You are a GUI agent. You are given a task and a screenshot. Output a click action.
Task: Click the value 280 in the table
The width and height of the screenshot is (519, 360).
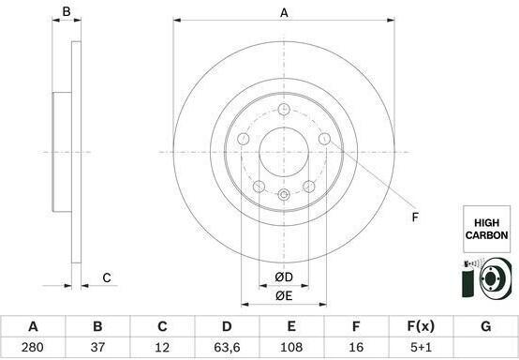coord(33,347)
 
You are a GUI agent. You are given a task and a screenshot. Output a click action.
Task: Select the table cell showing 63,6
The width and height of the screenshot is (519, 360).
coord(227,347)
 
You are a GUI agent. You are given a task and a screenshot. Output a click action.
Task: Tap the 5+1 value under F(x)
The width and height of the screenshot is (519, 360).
coord(421,347)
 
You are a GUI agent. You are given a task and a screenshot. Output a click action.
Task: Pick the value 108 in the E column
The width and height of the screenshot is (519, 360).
coord(291,347)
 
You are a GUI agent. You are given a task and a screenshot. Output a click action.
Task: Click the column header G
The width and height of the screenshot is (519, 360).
coord(485,326)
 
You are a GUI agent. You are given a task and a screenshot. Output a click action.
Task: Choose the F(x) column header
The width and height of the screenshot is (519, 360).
coord(421,326)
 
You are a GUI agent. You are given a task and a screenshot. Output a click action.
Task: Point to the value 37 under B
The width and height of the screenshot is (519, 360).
coord(97,347)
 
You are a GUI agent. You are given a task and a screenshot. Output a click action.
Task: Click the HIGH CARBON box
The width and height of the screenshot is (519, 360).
coord(486,229)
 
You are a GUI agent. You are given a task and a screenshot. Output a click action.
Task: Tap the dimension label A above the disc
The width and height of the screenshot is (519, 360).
coord(284,13)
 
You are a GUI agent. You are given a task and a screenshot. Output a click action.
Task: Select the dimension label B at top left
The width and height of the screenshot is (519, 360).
coord(67,11)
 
